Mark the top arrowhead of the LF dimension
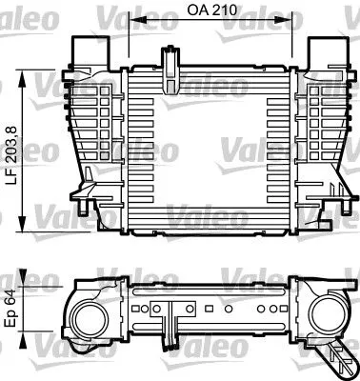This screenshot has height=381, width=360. [25, 74]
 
